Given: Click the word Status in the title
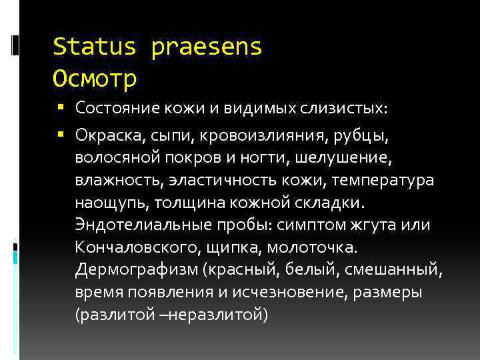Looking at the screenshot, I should [x=95, y=47].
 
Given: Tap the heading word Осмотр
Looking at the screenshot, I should [x=95, y=79].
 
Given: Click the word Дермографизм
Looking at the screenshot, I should [x=137, y=269].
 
